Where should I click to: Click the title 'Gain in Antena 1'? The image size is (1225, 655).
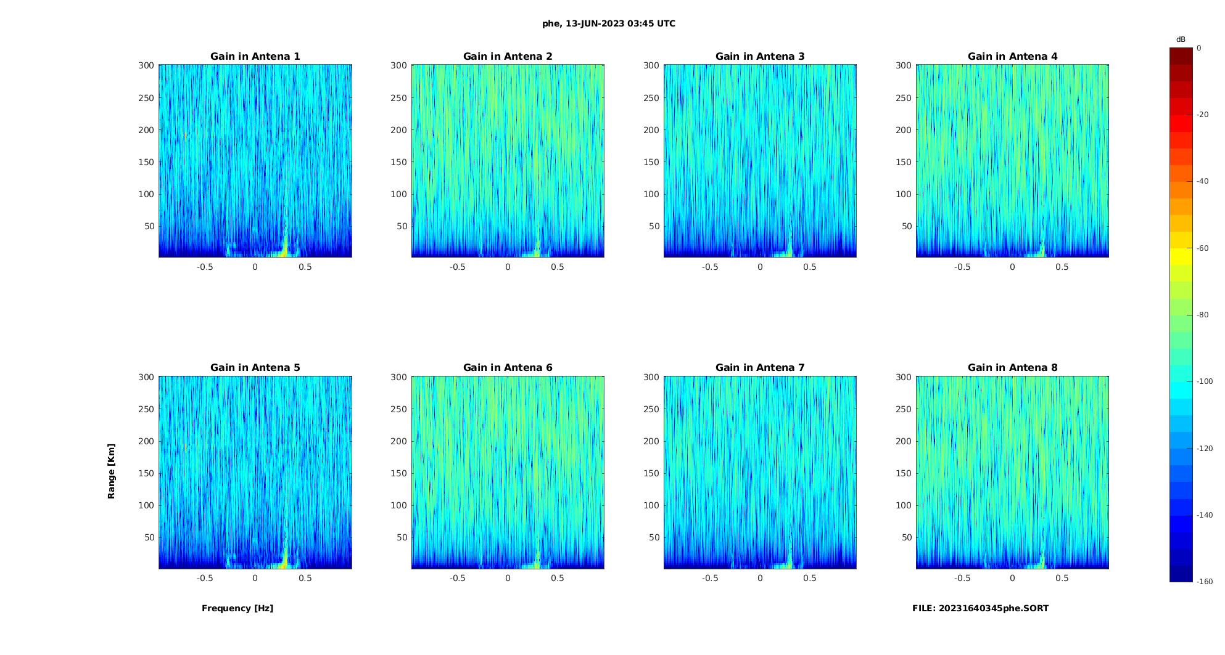pyautogui.click(x=255, y=57)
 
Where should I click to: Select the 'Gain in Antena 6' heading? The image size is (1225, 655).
pyautogui.click(x=508, y=368)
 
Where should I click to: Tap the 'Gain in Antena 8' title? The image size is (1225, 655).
pyautogui.click(x=1012, y=368)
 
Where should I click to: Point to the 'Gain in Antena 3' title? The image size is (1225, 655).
pyautogui.click(x=760, y=57)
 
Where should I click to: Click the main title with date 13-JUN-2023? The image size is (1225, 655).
pyautogui.click(x=609, y=24)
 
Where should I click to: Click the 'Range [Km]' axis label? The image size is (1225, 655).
pyautogui.click(x=112, y=471)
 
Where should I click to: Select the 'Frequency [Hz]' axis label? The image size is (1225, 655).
pyautogui.click(x=237, y=608)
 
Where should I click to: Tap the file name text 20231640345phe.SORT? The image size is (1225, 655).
pyautogui.click(x=980, y=608)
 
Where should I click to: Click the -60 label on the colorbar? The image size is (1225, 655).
pyautogui.click(x=1203, y=248)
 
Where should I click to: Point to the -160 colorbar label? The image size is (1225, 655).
pyautogui.click(x=1205, y=582)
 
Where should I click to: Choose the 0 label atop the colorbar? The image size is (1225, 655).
pyautogui.click(x=1199, y=48)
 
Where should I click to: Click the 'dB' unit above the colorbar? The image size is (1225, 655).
pyautogui.click(x=1181, y=39)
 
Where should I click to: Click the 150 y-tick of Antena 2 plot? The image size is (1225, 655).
pyautogui.click(x=398, y=162)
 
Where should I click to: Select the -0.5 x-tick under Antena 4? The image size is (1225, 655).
pyautogui.click(x=962, y=267)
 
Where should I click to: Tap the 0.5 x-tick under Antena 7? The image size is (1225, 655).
pyautogui.click(x=810, y=578)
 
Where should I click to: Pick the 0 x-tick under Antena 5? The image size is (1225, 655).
pyautogui.click(x=255, y=578)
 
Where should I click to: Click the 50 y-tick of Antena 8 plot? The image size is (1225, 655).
pyautogui.click(x=906, y=537)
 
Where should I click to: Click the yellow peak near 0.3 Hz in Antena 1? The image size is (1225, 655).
pyautogui.click(x=284, y=249)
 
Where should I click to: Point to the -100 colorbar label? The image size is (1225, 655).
pyautogui.click(x=1205, y=381)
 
